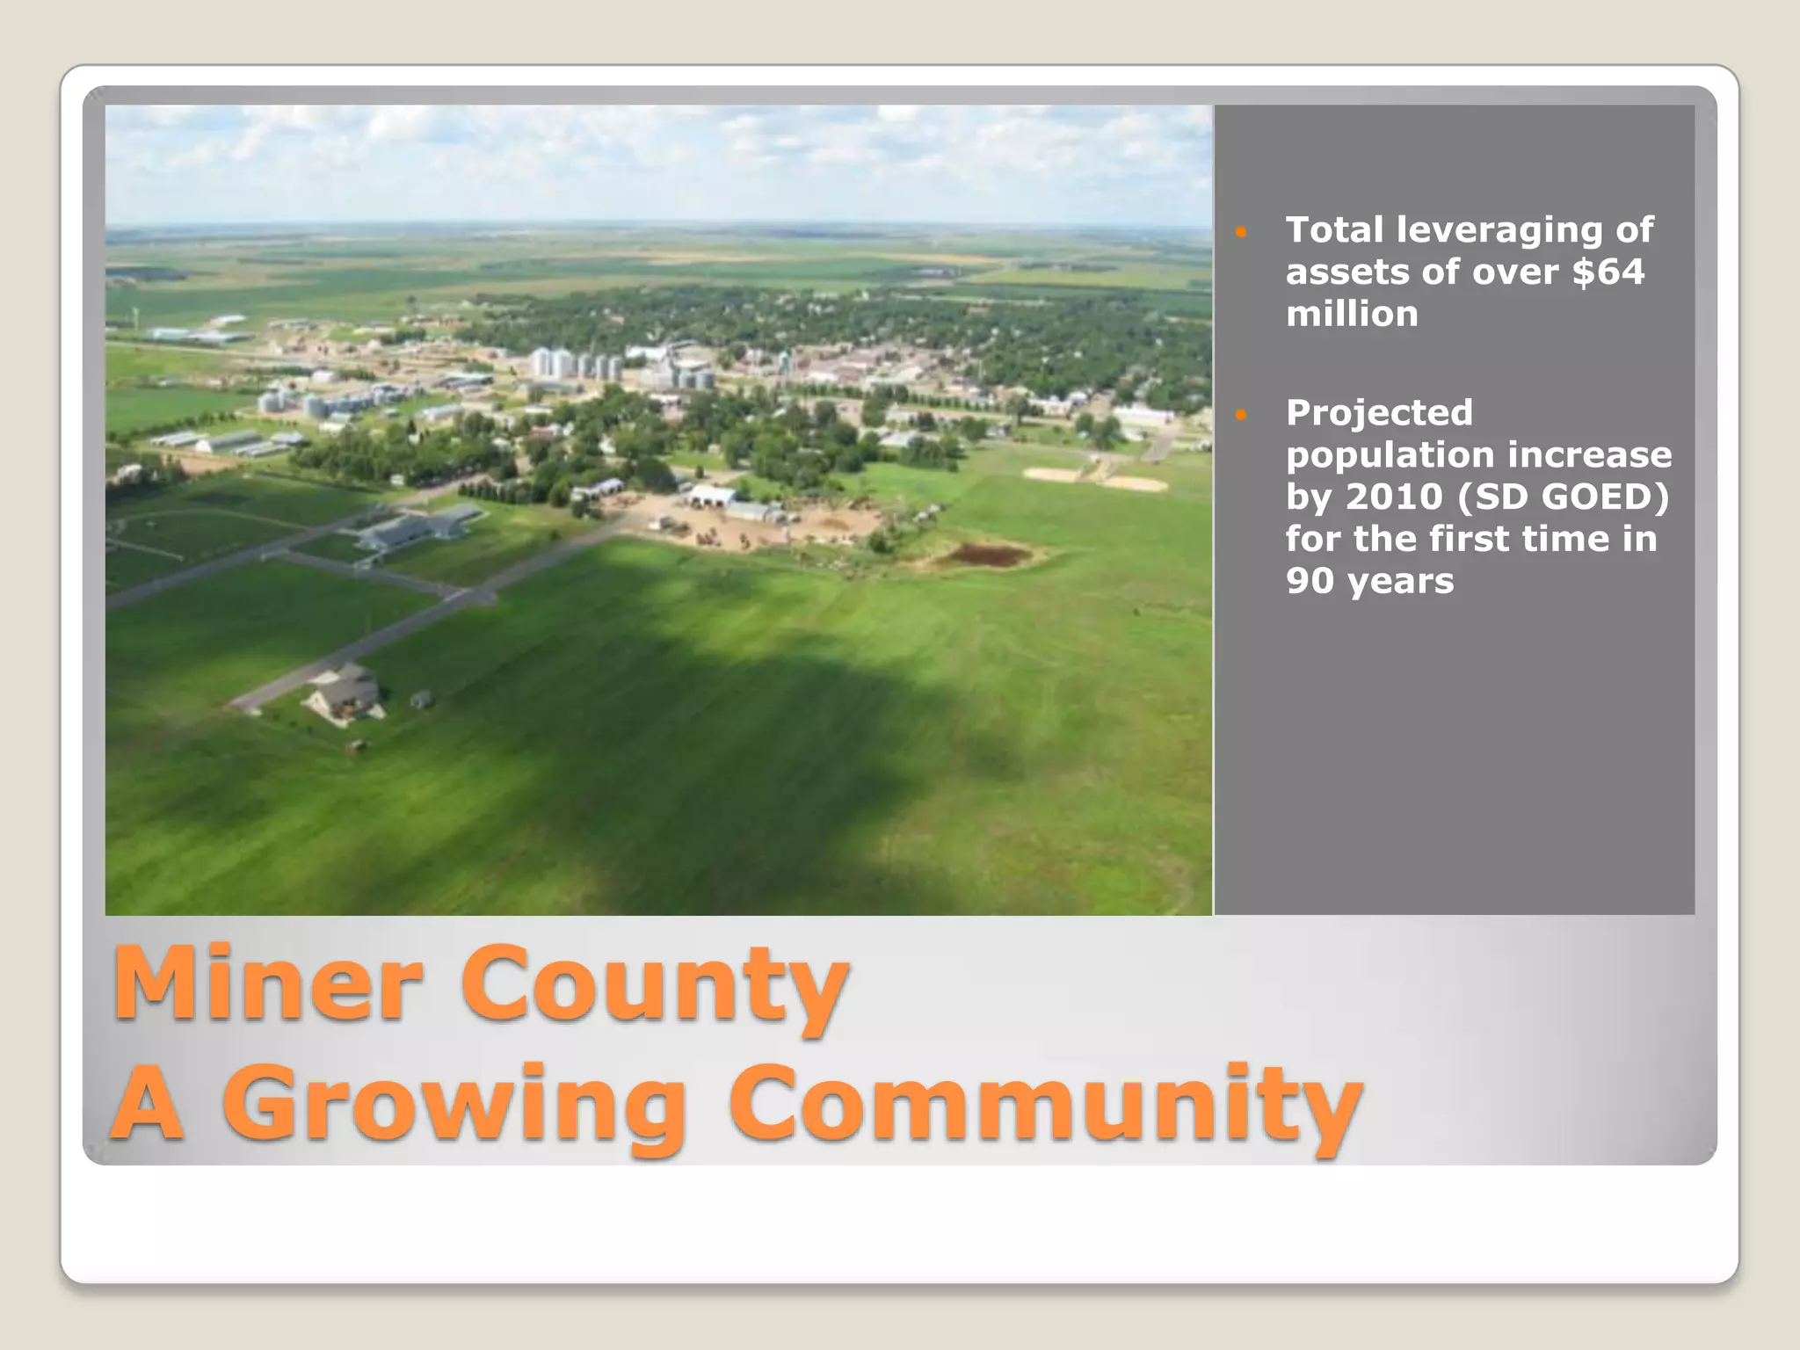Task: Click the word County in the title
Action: [655, 986]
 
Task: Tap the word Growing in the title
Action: [453, 1107]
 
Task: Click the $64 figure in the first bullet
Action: [1608, 272]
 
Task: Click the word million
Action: [1352, 314]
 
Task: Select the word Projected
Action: [1379, 413]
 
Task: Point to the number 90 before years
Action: [1310, 581]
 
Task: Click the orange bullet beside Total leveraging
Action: [1241, 232]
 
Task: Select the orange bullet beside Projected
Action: [1241, 414]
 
